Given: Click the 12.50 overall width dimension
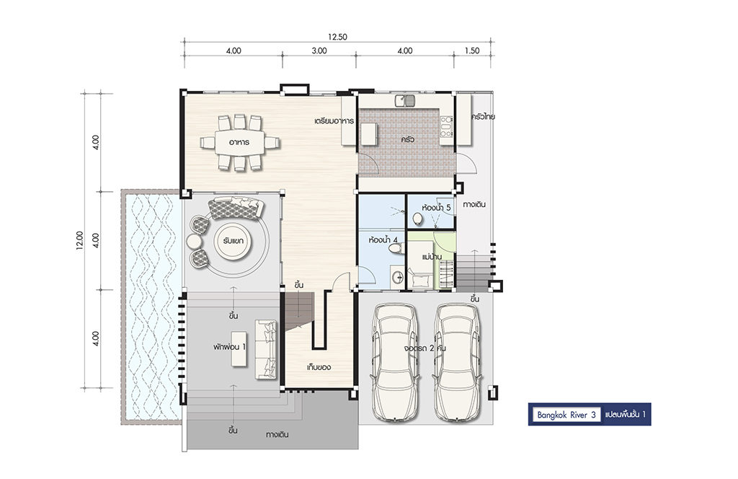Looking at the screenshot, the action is click(x=337, y=37).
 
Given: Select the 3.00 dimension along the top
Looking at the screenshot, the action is click(x=319, y=51).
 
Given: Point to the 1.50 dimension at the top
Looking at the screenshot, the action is click(x=471, y=51).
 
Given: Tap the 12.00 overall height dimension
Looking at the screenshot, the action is click(x=79, y=240).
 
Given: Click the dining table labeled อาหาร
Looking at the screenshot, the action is click(x=239, y=142).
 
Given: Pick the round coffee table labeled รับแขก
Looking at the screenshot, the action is click(x=234, y=241).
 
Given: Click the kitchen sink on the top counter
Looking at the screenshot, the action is click(x=405, y=100).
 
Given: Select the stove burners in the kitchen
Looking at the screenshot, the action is click(x=446, y=127).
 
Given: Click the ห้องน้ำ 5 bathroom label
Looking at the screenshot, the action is click(x=436, y=207).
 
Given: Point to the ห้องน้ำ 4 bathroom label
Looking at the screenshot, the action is click(x=383, y=239).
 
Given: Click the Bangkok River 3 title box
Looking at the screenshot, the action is click(x=566, y=415).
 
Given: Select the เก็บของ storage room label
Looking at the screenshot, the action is click(x=319, y=367).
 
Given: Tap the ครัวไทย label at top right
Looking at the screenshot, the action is click(x=483, y=116).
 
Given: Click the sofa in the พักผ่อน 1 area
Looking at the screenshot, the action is click(x=266, y=349).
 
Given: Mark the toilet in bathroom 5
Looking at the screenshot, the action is click(x=417, y=219).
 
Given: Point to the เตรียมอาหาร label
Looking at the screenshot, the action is click(x=334, y=121).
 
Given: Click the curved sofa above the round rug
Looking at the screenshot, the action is click(x=236, y=208).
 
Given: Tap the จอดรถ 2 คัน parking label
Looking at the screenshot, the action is click(x=425, y=348).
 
